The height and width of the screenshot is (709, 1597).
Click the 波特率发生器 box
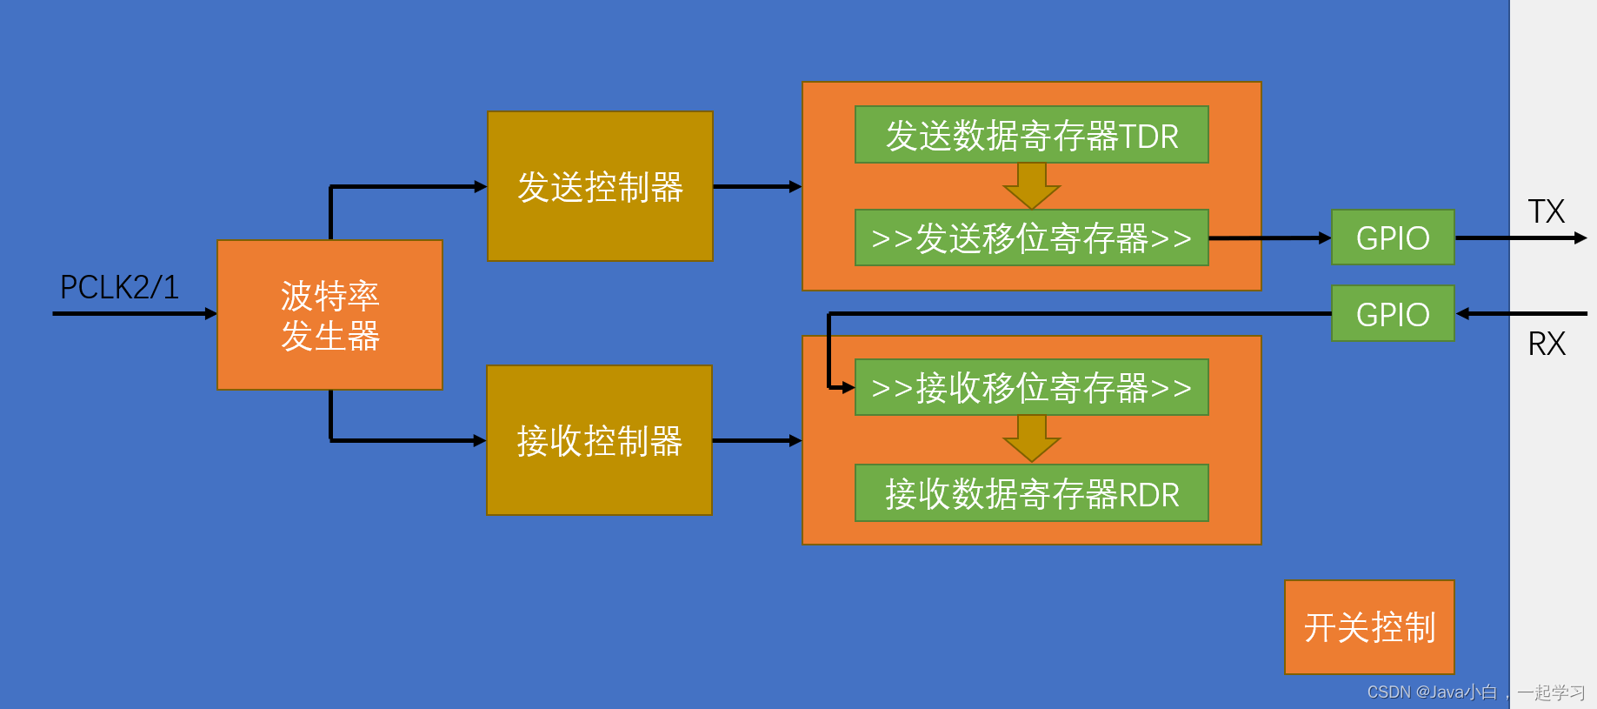click(329, 315)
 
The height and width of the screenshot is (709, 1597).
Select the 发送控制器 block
click(600, 186)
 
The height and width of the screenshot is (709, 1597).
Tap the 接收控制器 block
click(599, 440)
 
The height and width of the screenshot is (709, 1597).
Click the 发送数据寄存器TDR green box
click(1031, 135)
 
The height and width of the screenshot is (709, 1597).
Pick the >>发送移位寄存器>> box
click(1031, 237)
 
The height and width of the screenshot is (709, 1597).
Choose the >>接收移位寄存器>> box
click(1031, 387)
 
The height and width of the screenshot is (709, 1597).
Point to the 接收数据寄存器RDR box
click(1031, 493)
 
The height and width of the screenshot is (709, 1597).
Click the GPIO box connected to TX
click(1393, 237)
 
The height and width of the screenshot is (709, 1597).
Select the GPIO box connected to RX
click(1393, 314)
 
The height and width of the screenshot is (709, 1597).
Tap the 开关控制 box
click(1369, 627)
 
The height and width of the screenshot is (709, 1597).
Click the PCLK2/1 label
click(119, 287)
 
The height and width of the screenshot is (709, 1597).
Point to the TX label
click(1546, 211)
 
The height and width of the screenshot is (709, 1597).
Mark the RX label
click(1547, 344)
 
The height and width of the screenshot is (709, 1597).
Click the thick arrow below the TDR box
click(1031, 185)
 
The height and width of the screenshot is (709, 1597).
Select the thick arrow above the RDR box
click(1031, 438)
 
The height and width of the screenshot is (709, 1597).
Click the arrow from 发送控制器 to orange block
click(756, 186)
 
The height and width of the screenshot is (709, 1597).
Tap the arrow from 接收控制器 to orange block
click(756, 441)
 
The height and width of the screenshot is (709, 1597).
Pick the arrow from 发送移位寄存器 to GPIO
click(1269, 237)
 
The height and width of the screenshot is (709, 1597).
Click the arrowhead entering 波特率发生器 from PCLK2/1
click(210, 313)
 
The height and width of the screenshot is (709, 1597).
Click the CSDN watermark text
click(1475, 692)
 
